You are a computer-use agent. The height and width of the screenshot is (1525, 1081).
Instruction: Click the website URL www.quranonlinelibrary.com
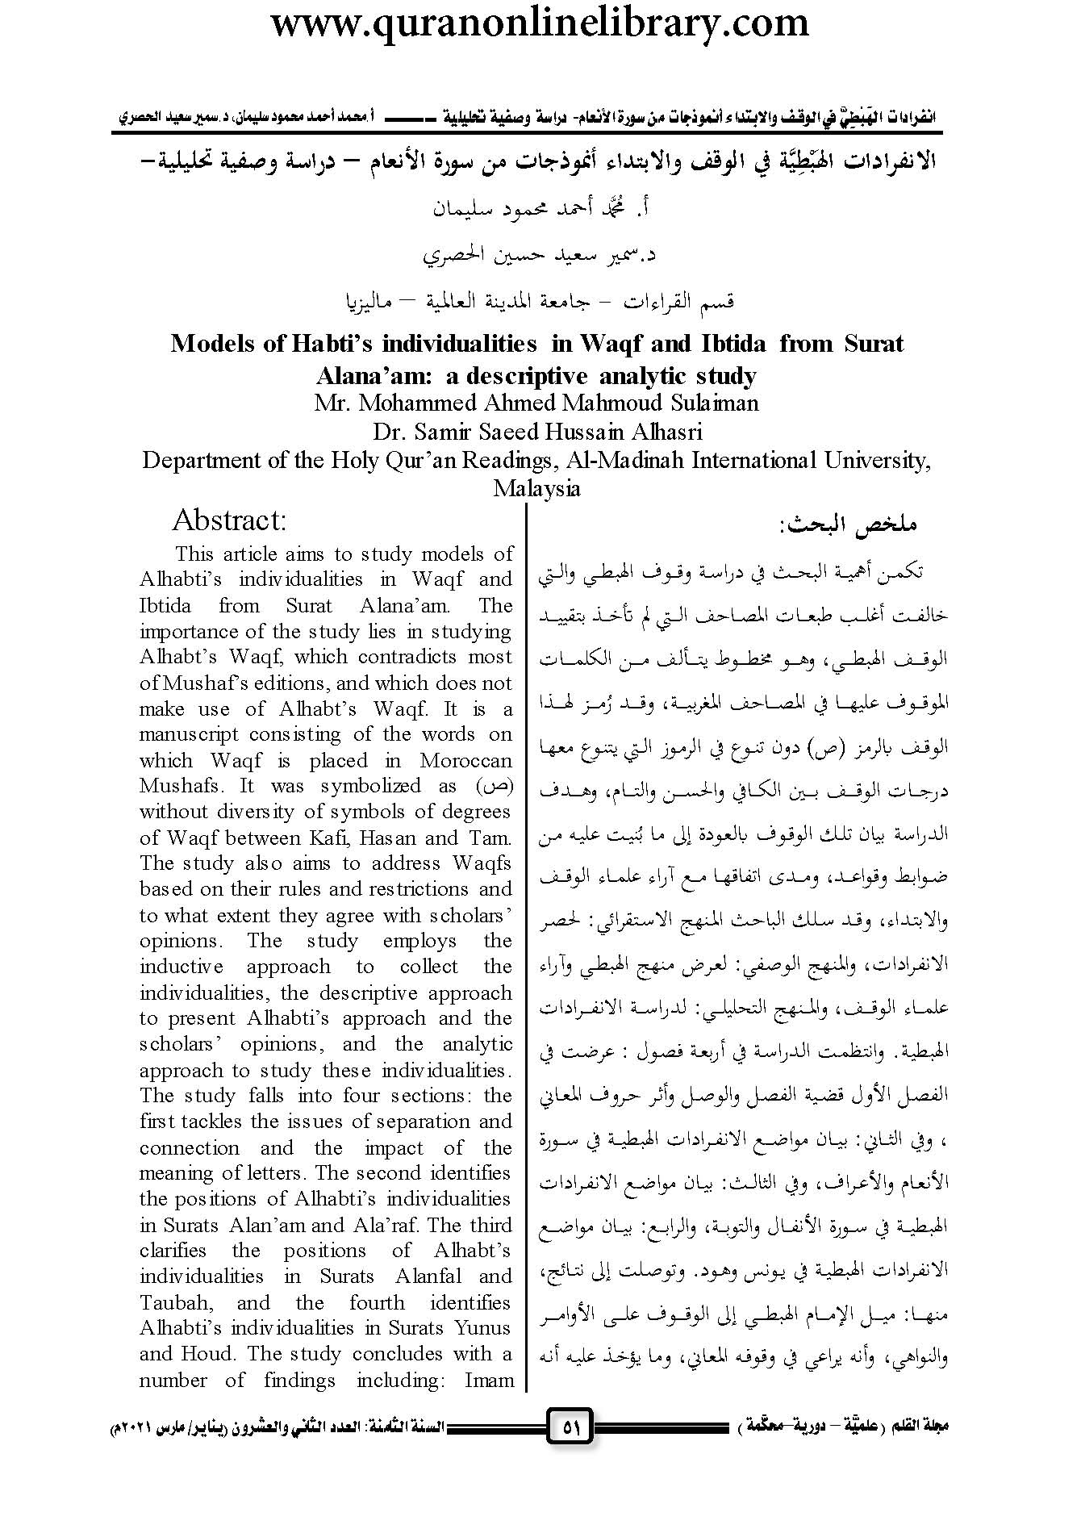539,23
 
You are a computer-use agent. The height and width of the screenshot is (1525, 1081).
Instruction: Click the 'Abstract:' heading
229,520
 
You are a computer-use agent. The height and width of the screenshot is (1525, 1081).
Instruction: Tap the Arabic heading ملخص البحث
847,524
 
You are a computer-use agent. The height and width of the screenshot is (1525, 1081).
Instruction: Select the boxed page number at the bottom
570,1427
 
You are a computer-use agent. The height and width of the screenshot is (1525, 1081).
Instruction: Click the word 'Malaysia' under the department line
536,488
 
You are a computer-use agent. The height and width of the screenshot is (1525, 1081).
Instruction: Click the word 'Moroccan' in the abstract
465,760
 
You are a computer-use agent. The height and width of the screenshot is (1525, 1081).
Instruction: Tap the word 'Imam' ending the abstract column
488,1380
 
